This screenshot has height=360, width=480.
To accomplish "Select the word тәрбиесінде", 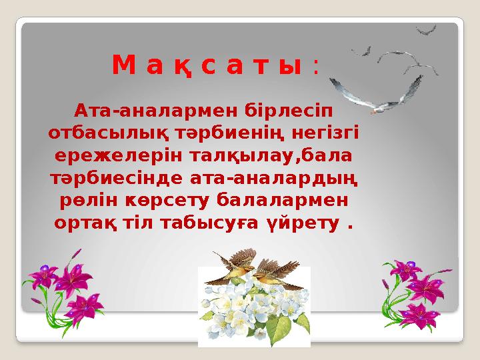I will [x=116, y=178].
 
